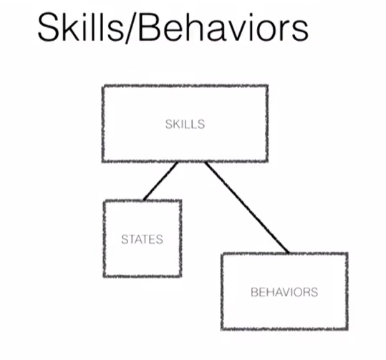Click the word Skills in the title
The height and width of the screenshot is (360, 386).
click(80, 26)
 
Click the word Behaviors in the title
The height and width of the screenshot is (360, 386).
click(223, 27)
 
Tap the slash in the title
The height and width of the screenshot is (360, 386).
click(131, 28)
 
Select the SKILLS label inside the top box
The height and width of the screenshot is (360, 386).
click(185, 125)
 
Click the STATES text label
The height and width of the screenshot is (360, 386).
click(142, 240)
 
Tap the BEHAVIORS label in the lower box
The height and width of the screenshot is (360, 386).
click(284, 292)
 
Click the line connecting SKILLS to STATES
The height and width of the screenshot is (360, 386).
click(160, 181)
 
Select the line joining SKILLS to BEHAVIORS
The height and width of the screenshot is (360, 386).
click(247, 208)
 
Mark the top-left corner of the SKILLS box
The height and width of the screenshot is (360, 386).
click(103, 86)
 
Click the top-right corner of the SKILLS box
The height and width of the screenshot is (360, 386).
click(267, 86)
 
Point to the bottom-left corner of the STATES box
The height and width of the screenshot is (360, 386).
click(105, 276)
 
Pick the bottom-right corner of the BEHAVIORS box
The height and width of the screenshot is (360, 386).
click(347, 329)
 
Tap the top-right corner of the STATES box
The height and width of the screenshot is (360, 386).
click(180, 201)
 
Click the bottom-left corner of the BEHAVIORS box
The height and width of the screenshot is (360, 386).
click(222, 329)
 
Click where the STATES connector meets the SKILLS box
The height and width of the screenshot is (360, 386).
click(178, 162)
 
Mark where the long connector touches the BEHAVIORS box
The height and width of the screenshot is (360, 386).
click(289, 253)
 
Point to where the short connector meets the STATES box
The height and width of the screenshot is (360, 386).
click(143, 200)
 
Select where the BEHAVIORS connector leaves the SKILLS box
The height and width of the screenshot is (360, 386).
click(206, 162)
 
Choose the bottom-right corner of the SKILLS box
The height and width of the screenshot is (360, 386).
click(267, 161)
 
